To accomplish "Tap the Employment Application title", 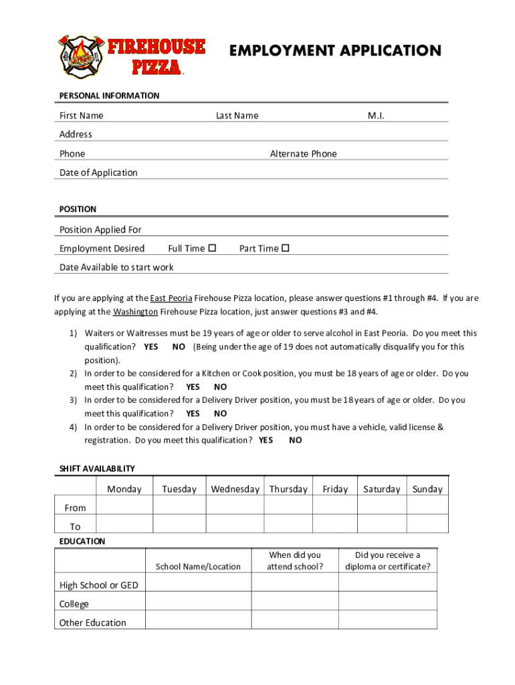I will coord(335,51).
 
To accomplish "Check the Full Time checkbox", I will coord(212,248).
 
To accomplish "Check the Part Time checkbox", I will coord(286,248).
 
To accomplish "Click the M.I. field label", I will coord(376,116).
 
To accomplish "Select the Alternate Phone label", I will coord(303,154).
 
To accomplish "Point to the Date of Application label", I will coord(98,173).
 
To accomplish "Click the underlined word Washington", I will coord(135,312).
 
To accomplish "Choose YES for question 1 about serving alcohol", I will coord(151,347).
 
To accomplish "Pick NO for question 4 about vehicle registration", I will coord(295,440).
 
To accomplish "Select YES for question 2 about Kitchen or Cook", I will coord(193,387).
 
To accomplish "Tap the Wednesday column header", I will coord(235,489).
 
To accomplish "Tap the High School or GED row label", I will coord(99,585).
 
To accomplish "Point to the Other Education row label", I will coord(93,623).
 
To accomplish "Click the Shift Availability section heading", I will coord(96,469).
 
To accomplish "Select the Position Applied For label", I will coord(100,229).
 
